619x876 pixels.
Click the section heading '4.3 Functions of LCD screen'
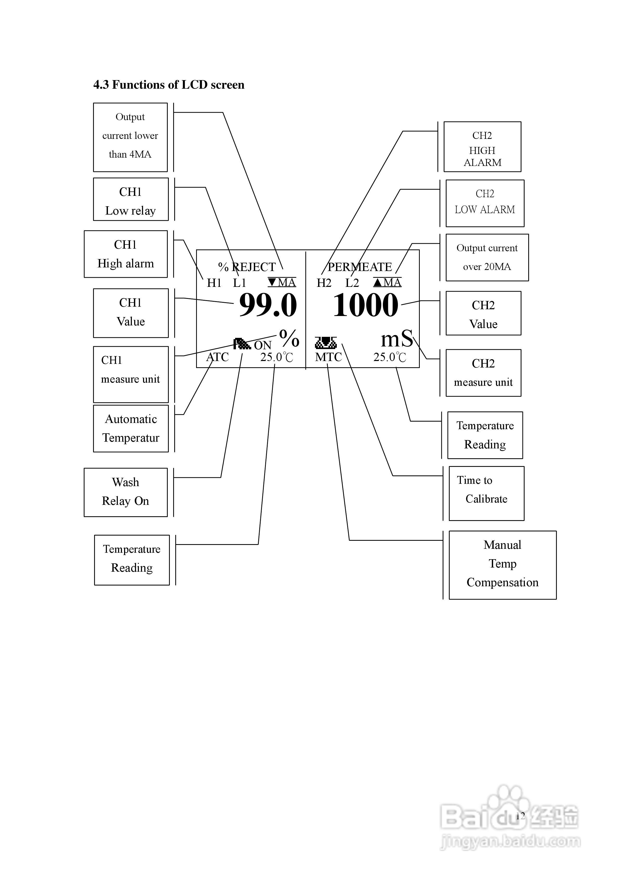tap(169, 85)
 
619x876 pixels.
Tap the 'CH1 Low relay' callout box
tap(131, 199)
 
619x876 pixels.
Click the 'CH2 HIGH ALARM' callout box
tap(482, 147)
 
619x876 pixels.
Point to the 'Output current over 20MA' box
tap(487, 257)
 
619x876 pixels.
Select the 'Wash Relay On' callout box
tap(126, 492)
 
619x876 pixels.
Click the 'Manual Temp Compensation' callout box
tap(502, 565)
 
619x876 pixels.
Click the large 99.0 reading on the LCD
tap(268, 305)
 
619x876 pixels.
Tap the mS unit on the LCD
tap(397, 338)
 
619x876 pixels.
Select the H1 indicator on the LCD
tap(214, 283)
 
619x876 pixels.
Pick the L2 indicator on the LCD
tap(352, 283)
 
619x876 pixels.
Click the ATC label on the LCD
tap(217, 357)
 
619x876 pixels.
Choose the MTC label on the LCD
tap(328, 357)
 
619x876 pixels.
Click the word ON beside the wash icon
tap(263, 345)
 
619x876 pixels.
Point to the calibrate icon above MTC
tap(326, 343)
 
